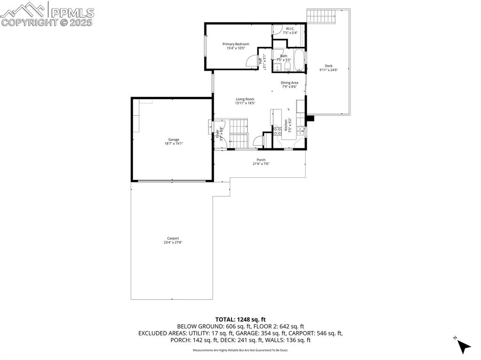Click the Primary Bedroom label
pyautogui.click(x=236, y=44)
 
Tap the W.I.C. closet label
pyautogui.click(x=290, y=29)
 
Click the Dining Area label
pyautogui.click(x=289, y=83)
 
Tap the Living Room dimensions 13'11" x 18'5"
pyautogui.click(x=245, y=103)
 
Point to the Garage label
pyautogui.click(x=174, y=139)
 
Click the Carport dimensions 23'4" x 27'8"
pyautogui.click(x=172, y=243)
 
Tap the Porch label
pyautogui.click(x=261, y=160)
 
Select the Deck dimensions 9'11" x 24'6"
pyautogui.click(x=328, y=70)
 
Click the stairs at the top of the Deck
pyautogui.click(x=322, y=16)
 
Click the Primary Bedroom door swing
pyautogui.click(x=253, y=61)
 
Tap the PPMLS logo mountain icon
pyautogui.click(x=23, y=9)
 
